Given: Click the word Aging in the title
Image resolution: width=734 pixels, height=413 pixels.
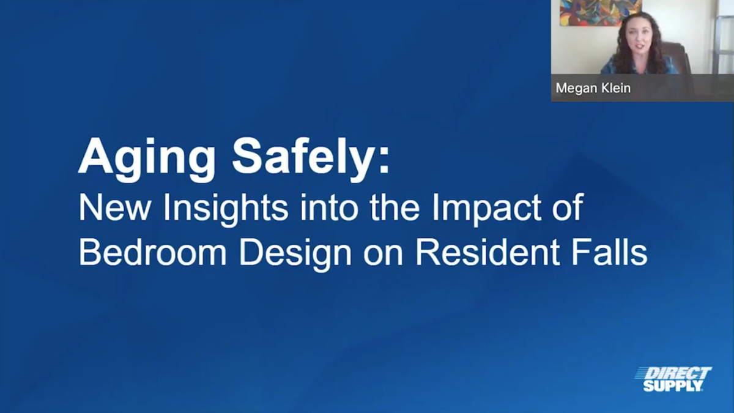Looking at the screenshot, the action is (147, 160).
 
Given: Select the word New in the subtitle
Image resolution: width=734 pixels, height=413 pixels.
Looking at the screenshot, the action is (114, 208).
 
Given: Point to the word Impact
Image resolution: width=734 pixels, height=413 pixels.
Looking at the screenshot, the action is (487, 210).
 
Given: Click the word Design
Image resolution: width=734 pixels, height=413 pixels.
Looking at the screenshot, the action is (295, 254).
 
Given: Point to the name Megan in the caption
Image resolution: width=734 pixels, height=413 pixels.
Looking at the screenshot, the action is (575, 88).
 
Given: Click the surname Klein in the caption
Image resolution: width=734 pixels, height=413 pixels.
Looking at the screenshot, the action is (614, 88).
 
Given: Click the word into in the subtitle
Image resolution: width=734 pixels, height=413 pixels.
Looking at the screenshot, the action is (328, 208).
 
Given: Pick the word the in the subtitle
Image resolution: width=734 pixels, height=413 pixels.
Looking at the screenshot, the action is (395, 208).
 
